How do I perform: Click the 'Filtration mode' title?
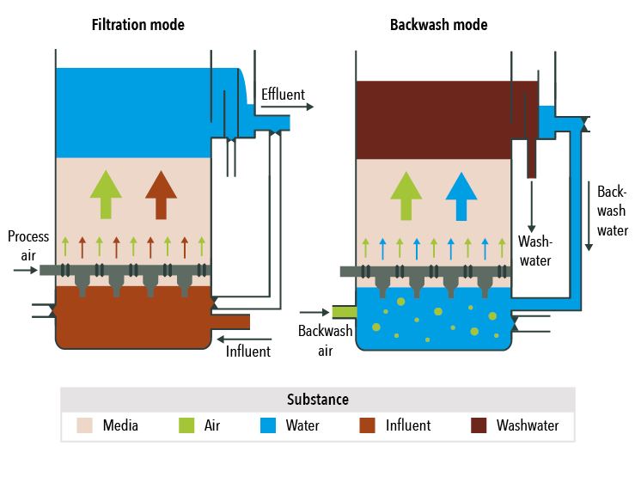point(137,25)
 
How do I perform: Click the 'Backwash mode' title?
point(438,25)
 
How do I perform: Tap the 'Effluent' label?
point(283,94)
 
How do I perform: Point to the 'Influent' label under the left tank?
point(248,351)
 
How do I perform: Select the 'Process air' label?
point(28,245)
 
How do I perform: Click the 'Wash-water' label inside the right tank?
point(534,251)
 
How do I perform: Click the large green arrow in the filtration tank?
point(107,193)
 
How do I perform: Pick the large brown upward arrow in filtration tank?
point(161,193)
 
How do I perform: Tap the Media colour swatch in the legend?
point(85,425)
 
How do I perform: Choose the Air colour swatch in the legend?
point(186,425)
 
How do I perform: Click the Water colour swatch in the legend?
point(268,425)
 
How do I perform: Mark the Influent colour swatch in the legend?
point(368,425)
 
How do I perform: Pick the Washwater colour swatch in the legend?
point(479,425)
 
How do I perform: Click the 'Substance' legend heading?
point(317,400)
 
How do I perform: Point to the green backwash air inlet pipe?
point(343,312)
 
